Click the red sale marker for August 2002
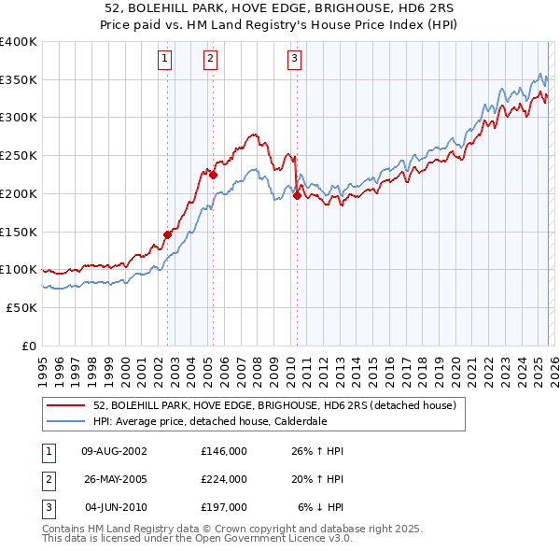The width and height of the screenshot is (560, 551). click(168, 234)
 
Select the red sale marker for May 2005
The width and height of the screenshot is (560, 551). click(214, 175)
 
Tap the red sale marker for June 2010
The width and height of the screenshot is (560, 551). click(297, 195)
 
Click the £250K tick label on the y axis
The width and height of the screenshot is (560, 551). click(19, 155)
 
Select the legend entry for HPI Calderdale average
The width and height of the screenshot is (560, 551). click(220, 421)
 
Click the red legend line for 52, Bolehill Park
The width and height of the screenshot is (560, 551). click(67, 405)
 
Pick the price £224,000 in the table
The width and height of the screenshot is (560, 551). click(224, 479)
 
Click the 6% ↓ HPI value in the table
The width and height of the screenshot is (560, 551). click(320, 507)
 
